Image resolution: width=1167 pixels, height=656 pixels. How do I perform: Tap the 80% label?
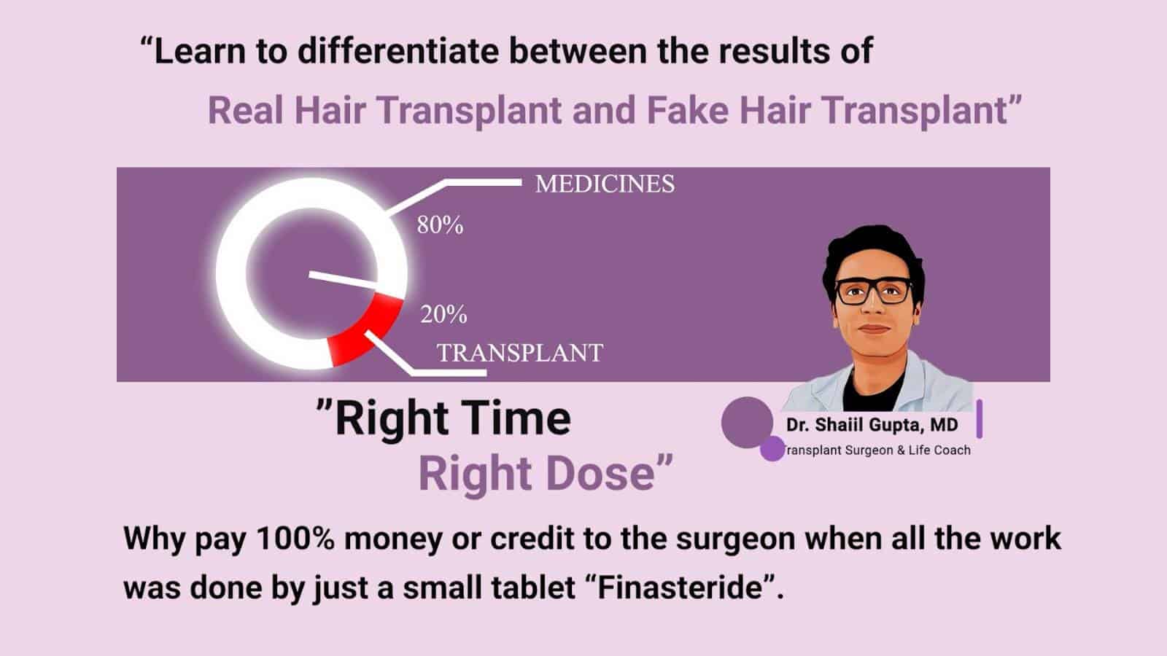(x=440, y=225)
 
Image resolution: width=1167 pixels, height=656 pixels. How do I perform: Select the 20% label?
(x=443, y=314)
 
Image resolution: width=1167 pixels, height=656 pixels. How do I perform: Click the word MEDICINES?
(x=605, y=184)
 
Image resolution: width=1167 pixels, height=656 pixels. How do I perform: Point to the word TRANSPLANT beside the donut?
(x=520, y=353)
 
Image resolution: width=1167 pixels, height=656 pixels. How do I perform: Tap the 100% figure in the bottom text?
(x=295, y=539)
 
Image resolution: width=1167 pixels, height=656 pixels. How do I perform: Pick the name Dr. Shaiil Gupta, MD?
(x=872, y=425)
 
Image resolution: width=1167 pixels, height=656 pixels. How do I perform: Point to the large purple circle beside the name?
(x=747, y=422)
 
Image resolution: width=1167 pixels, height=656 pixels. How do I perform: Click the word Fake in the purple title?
(x=688, y=110)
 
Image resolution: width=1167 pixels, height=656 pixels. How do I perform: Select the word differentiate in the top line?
(x=398, y=51)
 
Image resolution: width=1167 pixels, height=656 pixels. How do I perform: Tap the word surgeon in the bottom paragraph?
(x=736, y=539)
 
